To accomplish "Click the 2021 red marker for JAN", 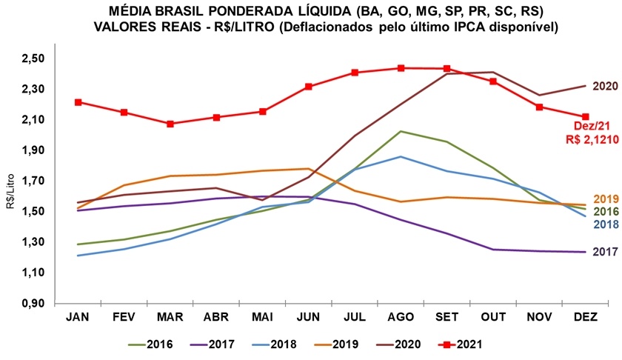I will coord(78,102).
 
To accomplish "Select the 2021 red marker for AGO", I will coord(401,68).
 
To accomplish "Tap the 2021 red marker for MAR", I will coord(170,124).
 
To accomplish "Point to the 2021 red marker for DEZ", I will coord(586,116).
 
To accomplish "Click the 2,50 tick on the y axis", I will coord(35,59).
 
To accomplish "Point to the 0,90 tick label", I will coord(35,304).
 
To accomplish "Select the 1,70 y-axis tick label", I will coord(35,181).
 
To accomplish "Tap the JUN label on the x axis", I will coord(308,316).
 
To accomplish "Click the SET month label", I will coord(447,316).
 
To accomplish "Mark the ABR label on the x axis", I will coord(216,316).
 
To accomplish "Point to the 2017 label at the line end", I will coord(604,252).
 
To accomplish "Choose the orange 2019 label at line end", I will coord(604,199).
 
